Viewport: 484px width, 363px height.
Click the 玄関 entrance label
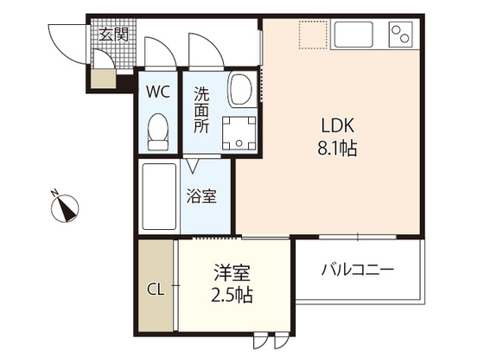(112, 35)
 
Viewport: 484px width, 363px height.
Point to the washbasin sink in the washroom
(239, 88)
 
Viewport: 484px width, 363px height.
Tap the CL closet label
(156, 288)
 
